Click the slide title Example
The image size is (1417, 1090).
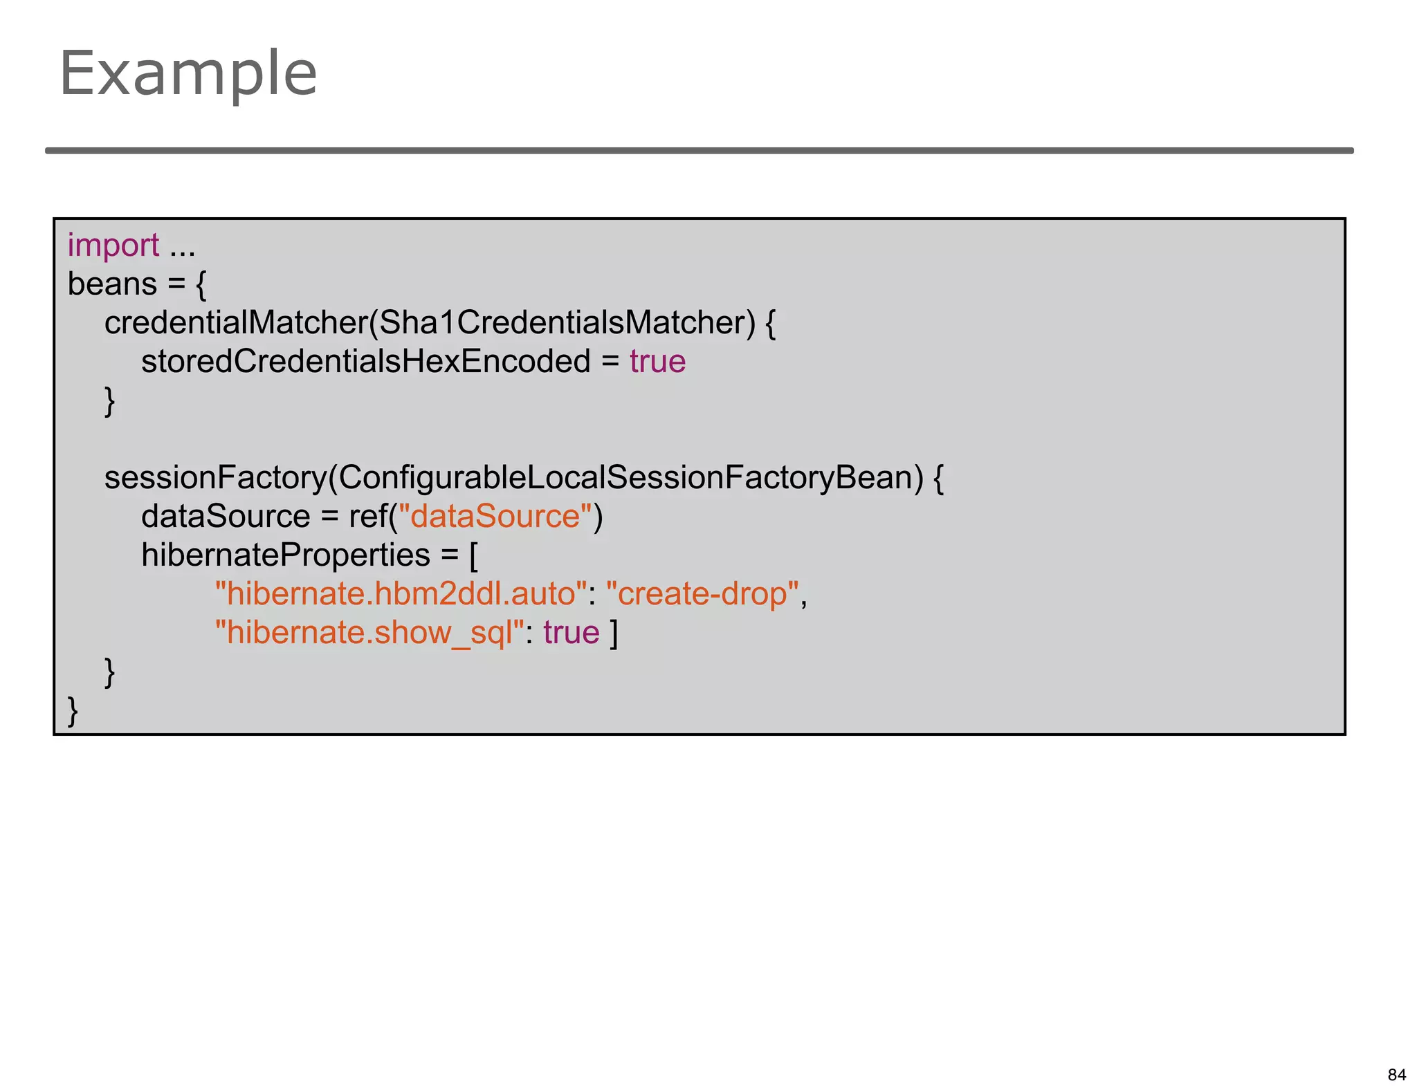point(188,73)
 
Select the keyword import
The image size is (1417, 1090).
point(113,246)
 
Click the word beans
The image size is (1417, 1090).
point(113,284)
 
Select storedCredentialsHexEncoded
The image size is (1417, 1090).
point(365,362)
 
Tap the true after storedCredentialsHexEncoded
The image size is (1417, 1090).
point(657,362)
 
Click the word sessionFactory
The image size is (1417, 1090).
point(215,478)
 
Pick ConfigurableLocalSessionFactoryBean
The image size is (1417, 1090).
point(630,478)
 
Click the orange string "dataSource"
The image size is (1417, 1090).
point(495,517)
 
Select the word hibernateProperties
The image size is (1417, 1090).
point(286,555)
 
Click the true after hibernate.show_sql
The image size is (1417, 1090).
point(571,633)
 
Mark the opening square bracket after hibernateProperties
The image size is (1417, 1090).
point(474,556)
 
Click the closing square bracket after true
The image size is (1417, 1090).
point(613,634)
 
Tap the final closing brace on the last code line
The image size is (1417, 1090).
point(73,711)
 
